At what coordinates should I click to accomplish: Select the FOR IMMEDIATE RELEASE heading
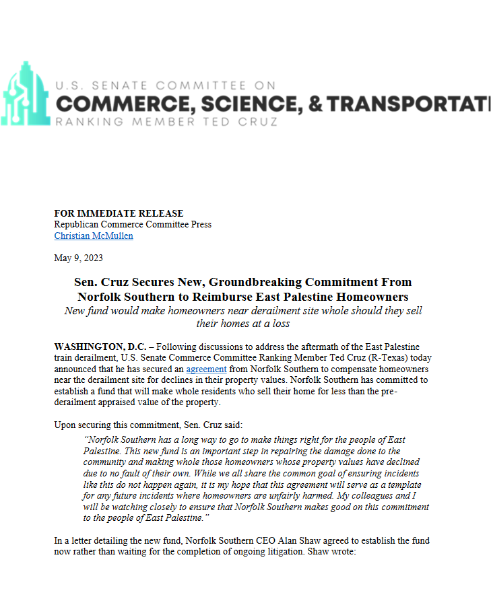(x=119, y=213)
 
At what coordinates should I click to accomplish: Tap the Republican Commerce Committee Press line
(x=133, y=225)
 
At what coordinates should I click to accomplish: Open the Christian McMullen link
(x=94, y=236)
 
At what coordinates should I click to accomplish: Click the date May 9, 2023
(x=78, y=258)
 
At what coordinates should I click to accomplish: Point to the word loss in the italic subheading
(x=279, y=324)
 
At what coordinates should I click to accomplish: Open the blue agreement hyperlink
(x=206, y=369)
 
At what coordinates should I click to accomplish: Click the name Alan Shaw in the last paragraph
(x=282, y=541)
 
